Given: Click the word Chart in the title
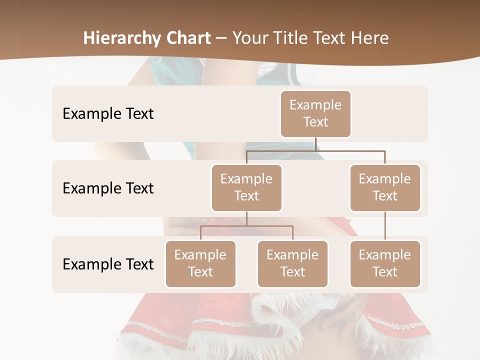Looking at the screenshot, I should tap(185, 38).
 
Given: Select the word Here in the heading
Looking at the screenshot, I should tap(370, 38).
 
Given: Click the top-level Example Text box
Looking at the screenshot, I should tap(315, 114).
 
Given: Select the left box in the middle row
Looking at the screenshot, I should tap(246, 187).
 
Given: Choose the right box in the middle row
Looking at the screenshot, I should tap(385, 187).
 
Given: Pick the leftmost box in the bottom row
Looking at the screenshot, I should tap(200, 263).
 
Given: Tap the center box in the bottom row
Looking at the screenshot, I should tap(292, 263).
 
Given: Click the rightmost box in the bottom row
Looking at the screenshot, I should tap(385, 263).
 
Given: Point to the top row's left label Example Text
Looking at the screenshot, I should tap(108, 114).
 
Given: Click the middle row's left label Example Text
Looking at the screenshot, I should tap(108, 188).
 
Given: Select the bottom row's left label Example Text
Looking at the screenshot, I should tap(108, 264).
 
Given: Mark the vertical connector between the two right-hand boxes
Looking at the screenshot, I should tap(385, 226).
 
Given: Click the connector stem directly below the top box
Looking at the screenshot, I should tap(315, 144).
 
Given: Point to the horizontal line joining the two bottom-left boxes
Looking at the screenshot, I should tap(246, 226).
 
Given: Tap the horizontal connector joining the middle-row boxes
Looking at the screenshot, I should tap(315, 150).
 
